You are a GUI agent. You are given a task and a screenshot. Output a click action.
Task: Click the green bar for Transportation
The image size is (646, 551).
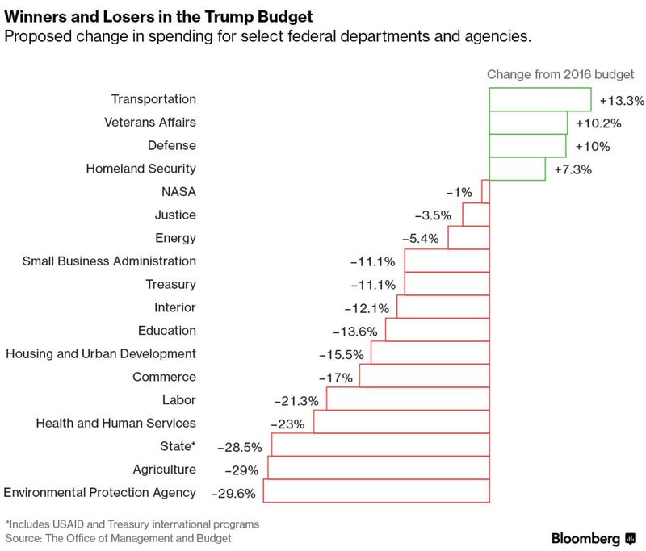click(540, 100)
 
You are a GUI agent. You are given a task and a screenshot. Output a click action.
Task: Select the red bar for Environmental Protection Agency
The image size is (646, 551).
click(376, 491)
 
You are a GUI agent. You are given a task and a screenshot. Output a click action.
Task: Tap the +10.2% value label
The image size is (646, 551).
click(598, 123)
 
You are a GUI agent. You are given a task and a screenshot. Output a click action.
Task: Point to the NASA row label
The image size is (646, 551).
click(179, 192)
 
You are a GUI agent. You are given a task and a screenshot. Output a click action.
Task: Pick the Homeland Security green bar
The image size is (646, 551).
click(517, 169)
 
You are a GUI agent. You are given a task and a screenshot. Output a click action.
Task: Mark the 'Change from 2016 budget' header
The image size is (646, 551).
click(560, 75)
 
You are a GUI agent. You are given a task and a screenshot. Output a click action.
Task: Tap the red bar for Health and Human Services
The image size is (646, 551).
click(401, 422)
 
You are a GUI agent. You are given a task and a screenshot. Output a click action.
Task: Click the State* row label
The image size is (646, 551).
click(178, 446)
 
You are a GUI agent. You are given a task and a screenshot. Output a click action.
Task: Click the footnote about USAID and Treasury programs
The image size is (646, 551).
click(132, 524)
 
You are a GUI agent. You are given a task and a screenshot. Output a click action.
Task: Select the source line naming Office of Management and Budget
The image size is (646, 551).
click(119, 538)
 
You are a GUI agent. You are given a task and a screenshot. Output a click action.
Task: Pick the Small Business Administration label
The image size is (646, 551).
click(109, 261)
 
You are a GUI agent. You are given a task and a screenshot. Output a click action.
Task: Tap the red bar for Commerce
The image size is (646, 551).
click(424, 377)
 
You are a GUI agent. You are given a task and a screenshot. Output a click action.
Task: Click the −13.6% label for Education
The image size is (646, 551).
click(354, 332)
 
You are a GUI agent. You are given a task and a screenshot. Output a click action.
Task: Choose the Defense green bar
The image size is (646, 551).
click(527, 146)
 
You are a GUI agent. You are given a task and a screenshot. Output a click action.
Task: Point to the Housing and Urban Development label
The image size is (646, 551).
click(101, 353)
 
